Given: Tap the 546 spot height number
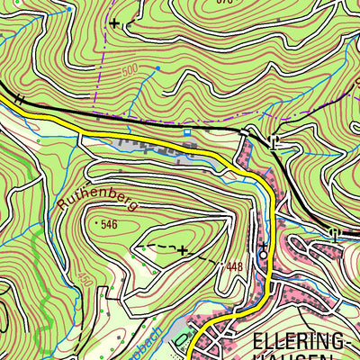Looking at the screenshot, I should tap(110, 222).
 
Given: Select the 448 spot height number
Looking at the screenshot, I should tap(234, 265).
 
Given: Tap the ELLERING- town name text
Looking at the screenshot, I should tap(302, 341).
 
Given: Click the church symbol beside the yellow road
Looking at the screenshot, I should tap(263, 253).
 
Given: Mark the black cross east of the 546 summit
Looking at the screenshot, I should tap(183, 249).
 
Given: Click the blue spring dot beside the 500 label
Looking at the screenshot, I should tap(157, 67).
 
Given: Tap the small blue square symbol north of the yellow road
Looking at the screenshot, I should tap(187, 132).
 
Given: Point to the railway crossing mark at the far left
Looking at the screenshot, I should tap(17, 99).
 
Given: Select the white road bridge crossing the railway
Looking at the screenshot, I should tap(246, 133).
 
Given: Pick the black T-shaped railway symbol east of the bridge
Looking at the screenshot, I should tap(274, 139).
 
